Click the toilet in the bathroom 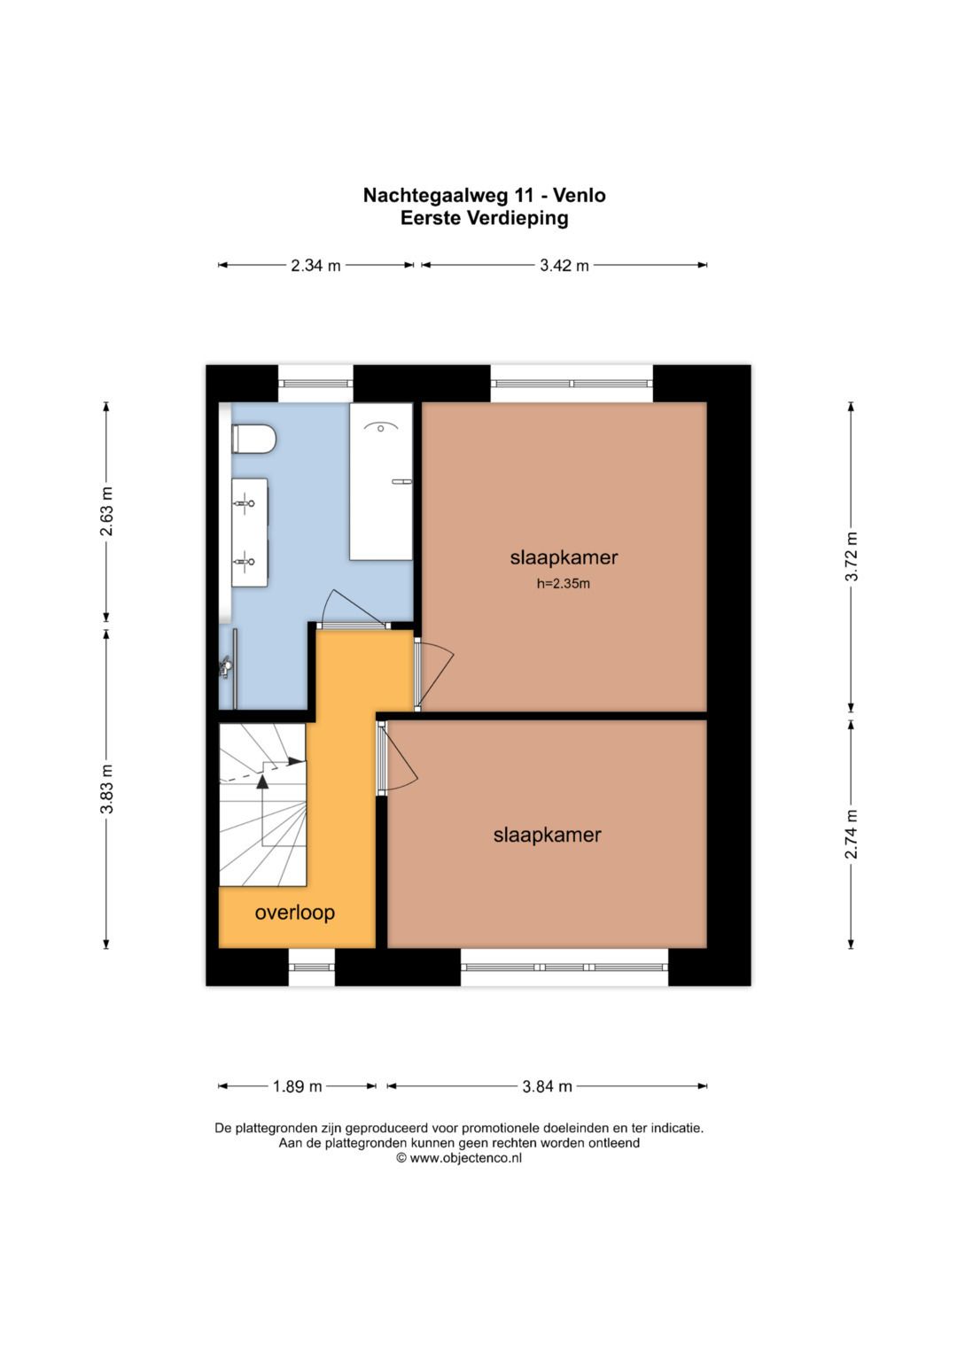coord(253,438)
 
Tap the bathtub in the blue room coord(381,481)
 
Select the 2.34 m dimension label coord(315,265)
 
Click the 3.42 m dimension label coord(564,265)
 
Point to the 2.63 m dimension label coord(107,511)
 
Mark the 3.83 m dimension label coord(107,789)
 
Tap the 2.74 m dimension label coord(852,834)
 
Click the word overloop coord(295,913)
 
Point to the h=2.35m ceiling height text coord(563,584)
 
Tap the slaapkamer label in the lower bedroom coord(548,836)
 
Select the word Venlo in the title coord(580,195)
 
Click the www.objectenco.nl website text coord(466,1158)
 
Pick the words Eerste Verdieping coord(485,218)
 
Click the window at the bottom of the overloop coord(312,967)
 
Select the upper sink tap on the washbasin coord(245,502)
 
